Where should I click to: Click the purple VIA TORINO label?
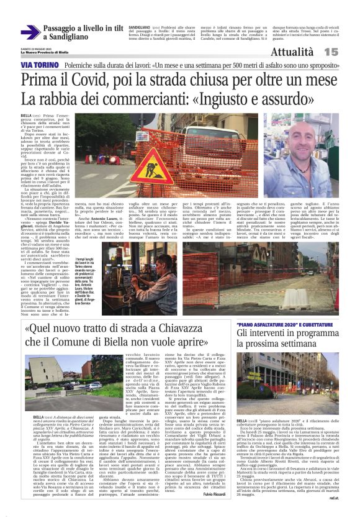pos(38,65)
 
